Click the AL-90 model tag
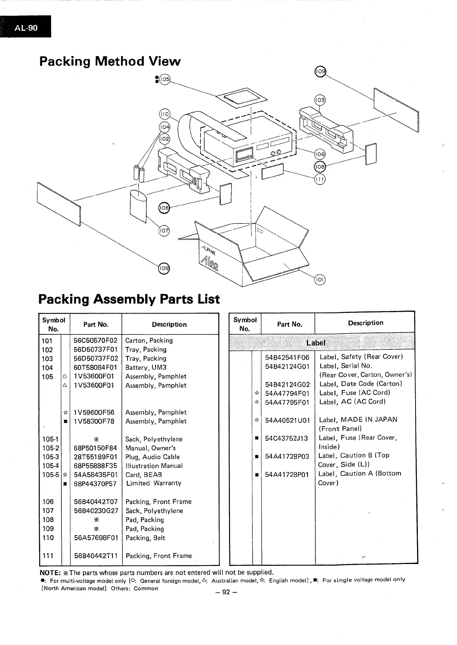[26, 27]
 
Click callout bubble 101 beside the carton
[320, 280]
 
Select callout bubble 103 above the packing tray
[320, 100]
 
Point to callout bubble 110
[164, 114]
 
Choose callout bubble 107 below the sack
[164, 231]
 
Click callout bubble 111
[320, 179]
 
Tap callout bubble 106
[320, 154]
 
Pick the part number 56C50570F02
[95, 341]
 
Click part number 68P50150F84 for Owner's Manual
[95, 448]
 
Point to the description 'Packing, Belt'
[145, 538]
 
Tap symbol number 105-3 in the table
[51, 457]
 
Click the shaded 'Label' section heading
[316, 343]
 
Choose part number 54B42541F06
[287, 357]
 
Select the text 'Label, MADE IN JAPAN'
[358, 420]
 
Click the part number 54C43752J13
[286, 438]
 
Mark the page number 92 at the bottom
[227, 592]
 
